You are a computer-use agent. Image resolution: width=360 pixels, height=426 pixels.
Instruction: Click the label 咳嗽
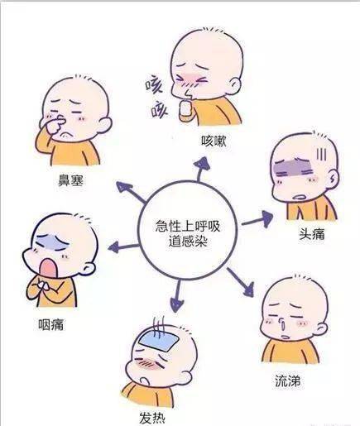click(x=214, y=141)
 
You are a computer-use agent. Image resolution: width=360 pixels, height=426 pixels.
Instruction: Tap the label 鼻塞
click(x=70, y=180)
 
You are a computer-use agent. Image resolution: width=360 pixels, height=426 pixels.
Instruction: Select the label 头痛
click(x=312, y=234)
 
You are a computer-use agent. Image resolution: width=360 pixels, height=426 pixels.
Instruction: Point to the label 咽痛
click(x=50, y=324)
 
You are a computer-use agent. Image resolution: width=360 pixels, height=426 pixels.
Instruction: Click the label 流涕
click(x=287, y=381)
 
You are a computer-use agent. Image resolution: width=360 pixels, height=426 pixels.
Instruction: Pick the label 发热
click(x=152, y=418)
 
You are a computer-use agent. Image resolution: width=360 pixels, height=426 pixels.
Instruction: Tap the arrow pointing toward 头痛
click(x=257, y=219)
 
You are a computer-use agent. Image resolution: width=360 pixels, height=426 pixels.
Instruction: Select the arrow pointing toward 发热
click(x=176, y=296)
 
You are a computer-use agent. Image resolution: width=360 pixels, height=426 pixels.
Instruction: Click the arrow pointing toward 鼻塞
click(x=131, y=192)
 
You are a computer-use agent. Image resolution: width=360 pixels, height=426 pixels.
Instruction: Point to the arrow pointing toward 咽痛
click(x=123, y=247)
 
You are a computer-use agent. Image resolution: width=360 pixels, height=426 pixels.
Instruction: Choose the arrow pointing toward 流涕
click(x=241, y=282)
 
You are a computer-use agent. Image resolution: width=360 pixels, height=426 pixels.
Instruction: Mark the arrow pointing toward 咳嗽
click(x=201, y=169)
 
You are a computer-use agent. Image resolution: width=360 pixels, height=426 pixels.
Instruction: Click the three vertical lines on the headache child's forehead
click(x=321, y=155)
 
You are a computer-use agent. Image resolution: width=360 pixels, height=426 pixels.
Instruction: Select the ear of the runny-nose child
click(x=321, y=328)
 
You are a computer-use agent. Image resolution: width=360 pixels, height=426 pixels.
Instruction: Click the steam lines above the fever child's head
click(x=159, y=326)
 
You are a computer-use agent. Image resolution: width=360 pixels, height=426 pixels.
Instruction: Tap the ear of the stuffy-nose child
click(x=105, y=125)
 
